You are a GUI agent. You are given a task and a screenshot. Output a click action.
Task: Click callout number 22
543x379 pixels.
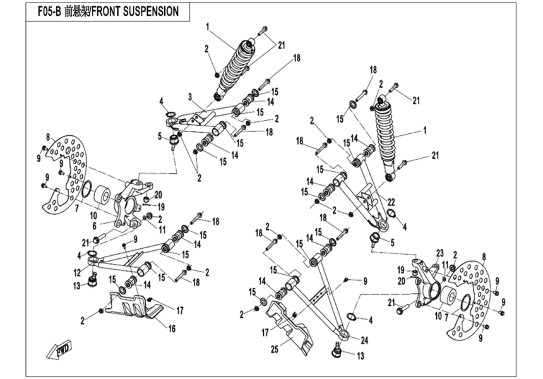pyautogui.click(x=392, y=202)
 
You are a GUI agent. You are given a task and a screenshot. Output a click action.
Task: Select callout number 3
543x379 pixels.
pyautogui.click(x=189, y=97)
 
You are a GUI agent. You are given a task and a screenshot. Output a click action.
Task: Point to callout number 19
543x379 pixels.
pyautogui.click(x=161, y=206)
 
